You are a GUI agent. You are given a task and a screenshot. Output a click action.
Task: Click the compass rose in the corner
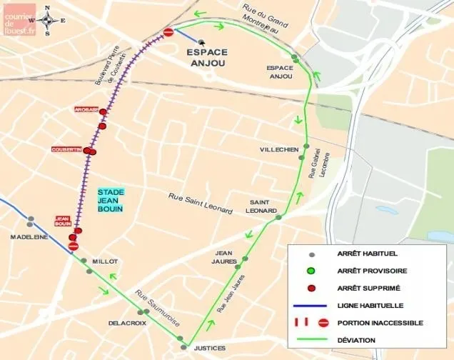[x=47, y=21]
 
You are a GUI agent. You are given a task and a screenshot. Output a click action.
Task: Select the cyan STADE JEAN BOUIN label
[x=111, y=200]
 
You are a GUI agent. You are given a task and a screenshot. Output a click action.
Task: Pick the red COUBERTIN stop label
[x=66, y=149]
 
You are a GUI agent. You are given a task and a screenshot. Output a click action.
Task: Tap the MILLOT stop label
[x=104, y=261]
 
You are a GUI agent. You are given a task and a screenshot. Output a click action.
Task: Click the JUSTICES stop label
[x=209, y=348]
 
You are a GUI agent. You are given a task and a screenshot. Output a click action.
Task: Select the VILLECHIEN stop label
[x=279, y=149]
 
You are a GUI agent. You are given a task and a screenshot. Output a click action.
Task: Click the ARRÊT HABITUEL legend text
[x=368, y=254]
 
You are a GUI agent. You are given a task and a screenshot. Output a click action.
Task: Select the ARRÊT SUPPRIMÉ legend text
[x=368, y=288]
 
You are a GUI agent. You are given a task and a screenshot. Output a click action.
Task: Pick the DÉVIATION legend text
[x=358, y=340]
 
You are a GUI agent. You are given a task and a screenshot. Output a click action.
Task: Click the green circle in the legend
[x=311, y=271]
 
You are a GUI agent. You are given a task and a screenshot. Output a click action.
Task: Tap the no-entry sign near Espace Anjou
[x=168, y=32]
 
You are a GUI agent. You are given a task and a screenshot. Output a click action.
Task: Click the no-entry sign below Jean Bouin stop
[x=73, y=246]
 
